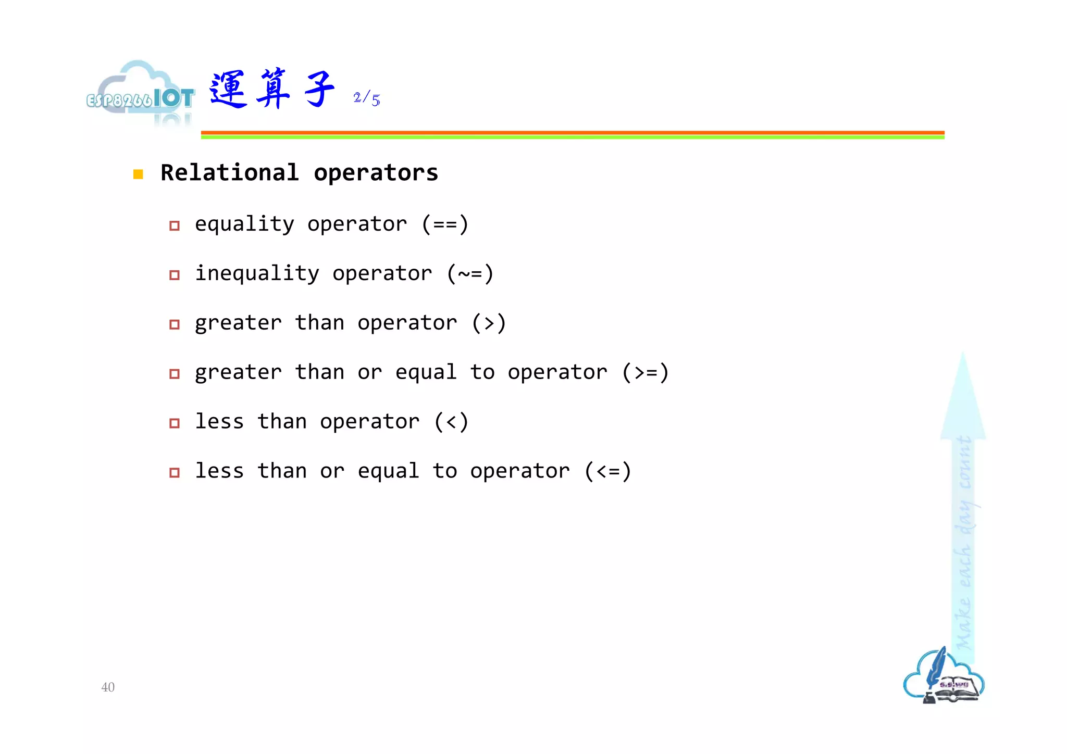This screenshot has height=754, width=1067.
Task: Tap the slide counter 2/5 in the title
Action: coord(366,98)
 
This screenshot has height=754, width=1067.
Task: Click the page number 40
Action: coord(108,687)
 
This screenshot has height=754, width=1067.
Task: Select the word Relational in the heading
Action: coord(230,173)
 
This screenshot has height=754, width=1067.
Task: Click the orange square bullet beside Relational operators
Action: coord(138,174)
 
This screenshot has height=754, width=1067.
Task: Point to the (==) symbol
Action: coord(445,224)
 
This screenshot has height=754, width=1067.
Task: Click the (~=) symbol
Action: coord(470,274)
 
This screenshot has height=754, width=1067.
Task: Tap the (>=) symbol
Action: coord(645,373)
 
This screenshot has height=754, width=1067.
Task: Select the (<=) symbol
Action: coord(607,472)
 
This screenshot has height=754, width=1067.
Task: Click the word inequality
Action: coord(257,274)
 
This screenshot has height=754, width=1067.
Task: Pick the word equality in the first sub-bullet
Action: coord(244,224)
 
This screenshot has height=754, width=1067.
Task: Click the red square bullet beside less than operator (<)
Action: coord(175,423)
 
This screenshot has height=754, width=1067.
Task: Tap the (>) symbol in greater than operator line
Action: coord(489,323)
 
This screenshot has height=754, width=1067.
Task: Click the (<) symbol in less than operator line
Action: coord(451,422)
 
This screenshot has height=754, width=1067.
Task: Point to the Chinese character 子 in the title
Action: coord(319,90)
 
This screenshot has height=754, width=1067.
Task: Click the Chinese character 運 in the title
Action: coord(228,90)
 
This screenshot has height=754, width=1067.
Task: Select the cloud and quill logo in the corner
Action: coord(944,677)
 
